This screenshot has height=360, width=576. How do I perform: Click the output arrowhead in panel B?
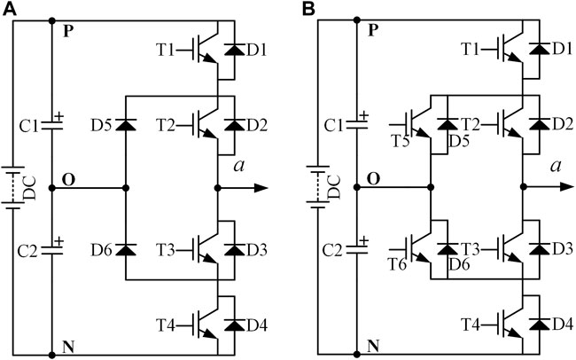568,188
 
